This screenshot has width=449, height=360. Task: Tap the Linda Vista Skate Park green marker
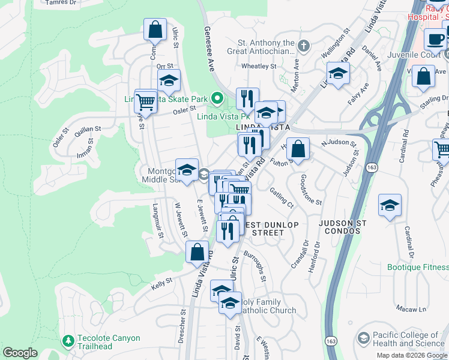217,98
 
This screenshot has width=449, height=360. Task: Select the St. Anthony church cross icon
304,46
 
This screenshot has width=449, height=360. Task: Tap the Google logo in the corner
19,353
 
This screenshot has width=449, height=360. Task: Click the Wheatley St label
258,66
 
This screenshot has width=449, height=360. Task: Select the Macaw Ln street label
414,310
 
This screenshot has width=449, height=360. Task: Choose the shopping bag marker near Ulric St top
155,29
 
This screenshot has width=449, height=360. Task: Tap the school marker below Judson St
390,206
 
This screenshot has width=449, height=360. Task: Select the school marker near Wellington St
338,74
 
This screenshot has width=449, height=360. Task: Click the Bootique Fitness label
418,266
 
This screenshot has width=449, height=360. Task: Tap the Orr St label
164,66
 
